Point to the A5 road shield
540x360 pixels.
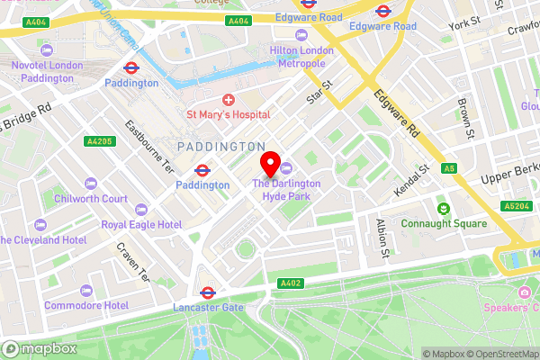[449, 168]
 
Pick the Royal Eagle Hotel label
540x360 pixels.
[141, 224]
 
